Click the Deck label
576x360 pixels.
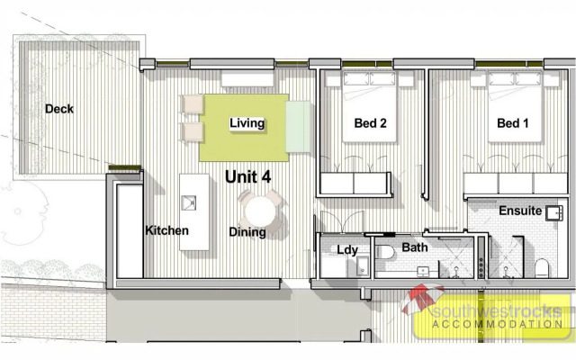click(59, 109)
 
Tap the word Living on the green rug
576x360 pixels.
click(247, 123)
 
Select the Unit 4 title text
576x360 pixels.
click(247, 177)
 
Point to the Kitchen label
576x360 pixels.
click(166, 230)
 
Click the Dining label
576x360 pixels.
click(247, 232)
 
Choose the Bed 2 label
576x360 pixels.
click(370, 124)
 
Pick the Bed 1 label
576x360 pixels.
click(512, 124)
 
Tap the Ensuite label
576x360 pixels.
click(520, 211)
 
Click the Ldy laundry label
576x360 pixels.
click(346, 249)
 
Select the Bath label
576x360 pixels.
click(415, 247)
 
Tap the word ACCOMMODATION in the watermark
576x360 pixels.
click(498, 323)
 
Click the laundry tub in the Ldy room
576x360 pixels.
click(361, 266)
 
